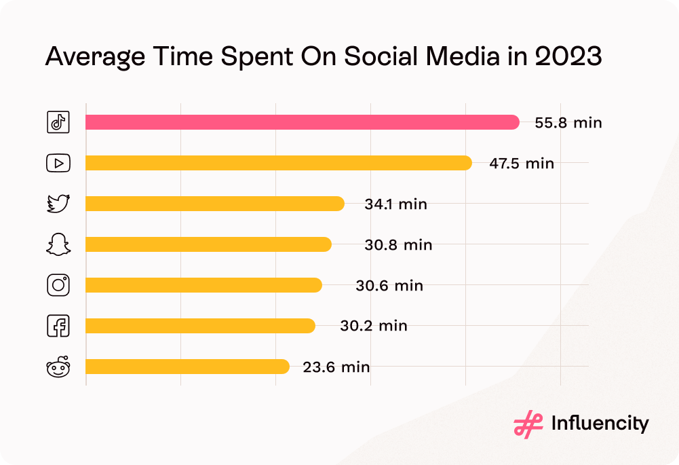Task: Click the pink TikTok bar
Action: tap(302, 122)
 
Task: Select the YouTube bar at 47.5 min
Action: tap(278, 163)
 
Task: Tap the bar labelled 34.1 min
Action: tap(214, 204)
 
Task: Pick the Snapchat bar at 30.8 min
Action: tap(208, 244)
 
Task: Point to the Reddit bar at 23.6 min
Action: tap(187, 367)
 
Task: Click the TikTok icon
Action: tap(58, 122)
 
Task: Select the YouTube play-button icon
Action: tap(58, 163)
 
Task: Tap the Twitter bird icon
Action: tap(58, 204)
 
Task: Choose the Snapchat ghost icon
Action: tap(58, 244)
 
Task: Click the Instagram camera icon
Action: tap(58, 285)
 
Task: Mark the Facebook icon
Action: tap(58, 327)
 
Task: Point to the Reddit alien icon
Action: tap(58, 367)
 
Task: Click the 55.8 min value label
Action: tap(568, 123)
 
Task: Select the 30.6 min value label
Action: tap(389, 286)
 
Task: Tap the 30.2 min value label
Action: tap(374, 326)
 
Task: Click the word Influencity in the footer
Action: tap(600, 424)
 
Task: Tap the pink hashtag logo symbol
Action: tap(524, 424)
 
